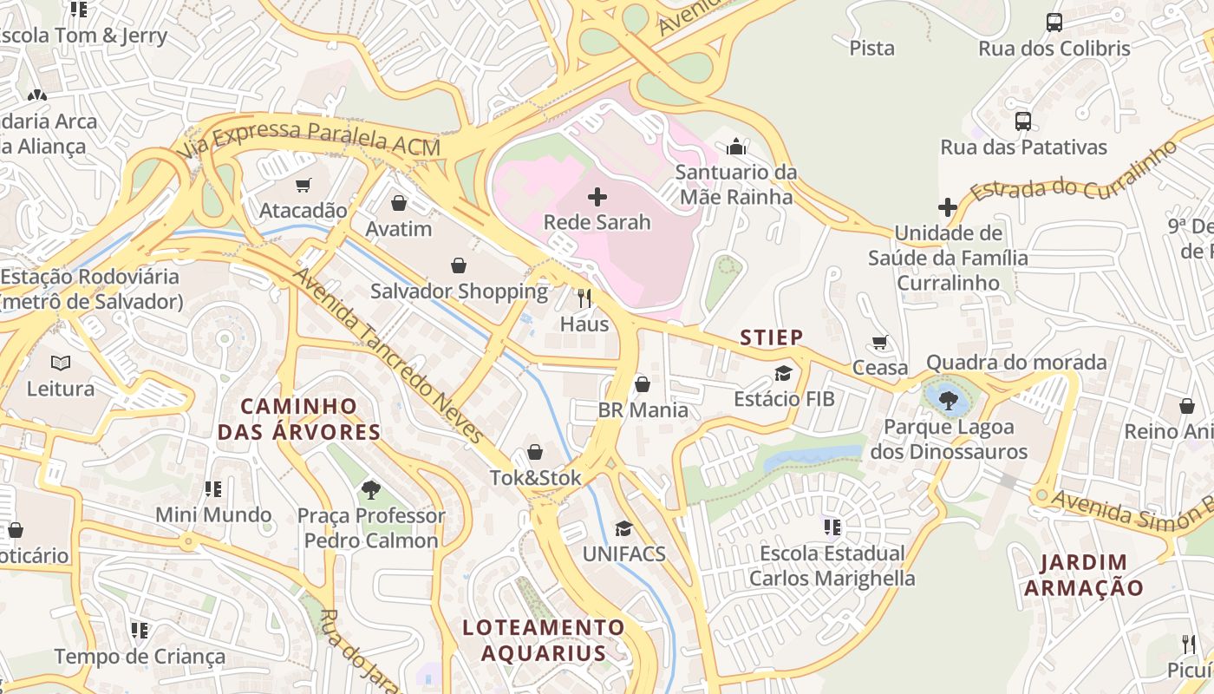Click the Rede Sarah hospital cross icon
coord(597,197)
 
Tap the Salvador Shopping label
coord(459,291)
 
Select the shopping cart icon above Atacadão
coord(303,185)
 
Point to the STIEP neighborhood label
coord(771,337)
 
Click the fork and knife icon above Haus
coord(584,299)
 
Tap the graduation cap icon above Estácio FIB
coord(784,374)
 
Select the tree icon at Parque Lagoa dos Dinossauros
coord(949,400)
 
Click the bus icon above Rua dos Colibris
coord(1054,23)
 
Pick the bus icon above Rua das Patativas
coord(1023,121)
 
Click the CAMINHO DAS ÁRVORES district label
coord(299,419)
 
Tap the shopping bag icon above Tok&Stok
coord(535,452)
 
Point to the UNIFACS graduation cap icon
coord(623,528)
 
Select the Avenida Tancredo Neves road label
coord(388,356)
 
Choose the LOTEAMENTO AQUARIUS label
coord(543,640)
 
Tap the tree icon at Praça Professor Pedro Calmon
coord(371,490)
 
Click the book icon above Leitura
coord(60,363)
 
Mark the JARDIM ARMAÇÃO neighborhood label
coord(1083,575)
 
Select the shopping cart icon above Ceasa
coord(880,343)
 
